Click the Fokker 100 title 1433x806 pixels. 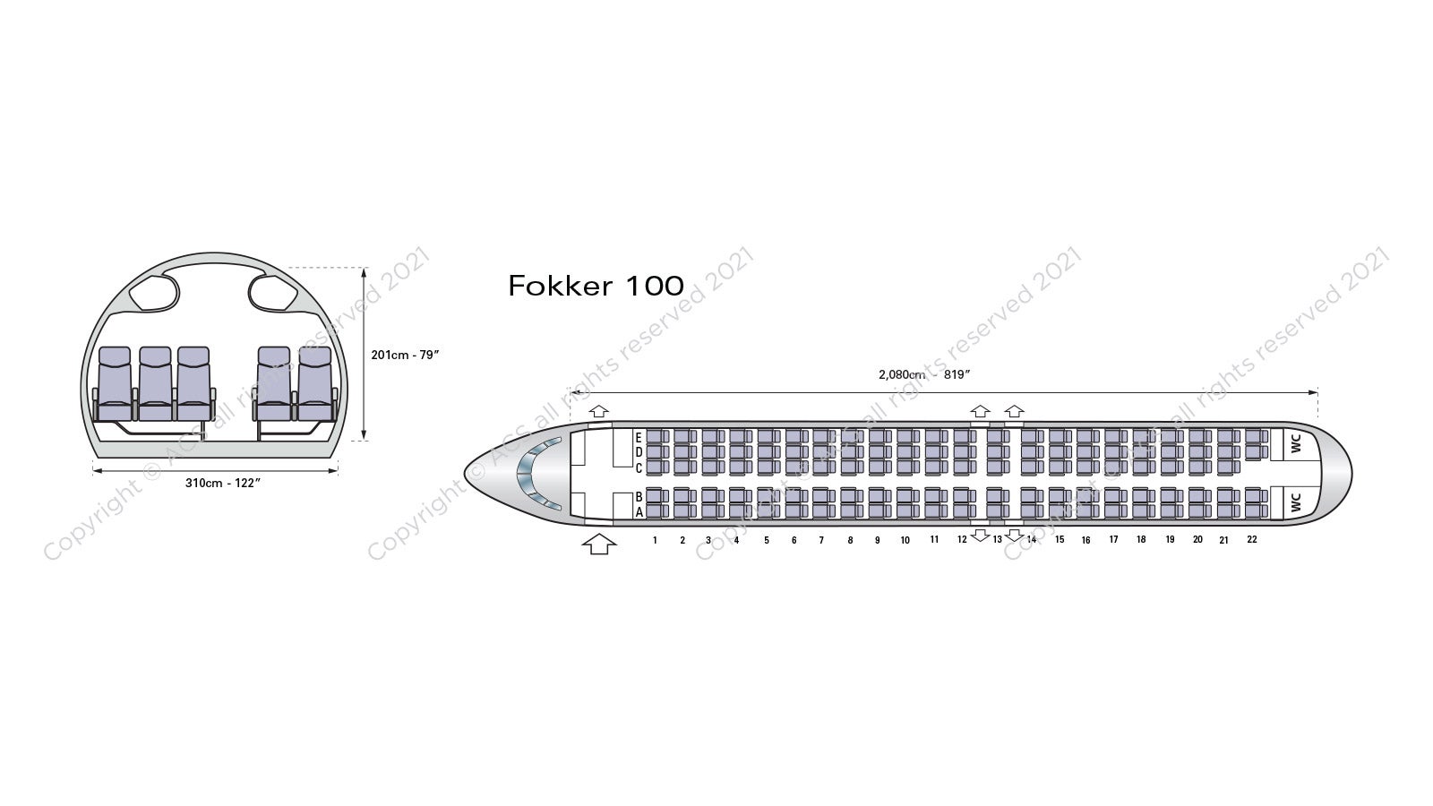click(x=596, y=286)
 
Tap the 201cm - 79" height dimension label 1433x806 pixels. click(x=405, y=355)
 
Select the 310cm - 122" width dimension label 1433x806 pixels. click(x=223, y=483)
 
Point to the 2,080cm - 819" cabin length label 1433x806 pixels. click(x=923, y=374)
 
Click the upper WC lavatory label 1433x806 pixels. click(x=1296, y=443)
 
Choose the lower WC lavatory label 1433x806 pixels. click(x=1296, y=502)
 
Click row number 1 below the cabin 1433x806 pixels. click(x=655, y=541)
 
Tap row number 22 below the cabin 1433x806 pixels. click(x=1252, y=540)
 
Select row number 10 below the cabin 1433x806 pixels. click(x=905, y=541)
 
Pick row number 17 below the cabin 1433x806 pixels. click(x=1114, y=540)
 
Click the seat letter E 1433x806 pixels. click(x=639, y=438)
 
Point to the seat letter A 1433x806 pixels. click(x=639, y=511)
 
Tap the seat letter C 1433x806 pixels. click(x=639, y=468)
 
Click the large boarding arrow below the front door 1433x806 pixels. click(x=599, y=544)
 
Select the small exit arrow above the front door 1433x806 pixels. click(x=599, y=411)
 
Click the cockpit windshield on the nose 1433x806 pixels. click(x=536, y=474)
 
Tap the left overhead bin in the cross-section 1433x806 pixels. click(x=154, y=293)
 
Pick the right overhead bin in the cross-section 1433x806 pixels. click(x=273, y=293)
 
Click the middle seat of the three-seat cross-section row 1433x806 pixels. click(x=156, y=384)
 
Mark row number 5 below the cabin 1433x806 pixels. click(x=767, y=541)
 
